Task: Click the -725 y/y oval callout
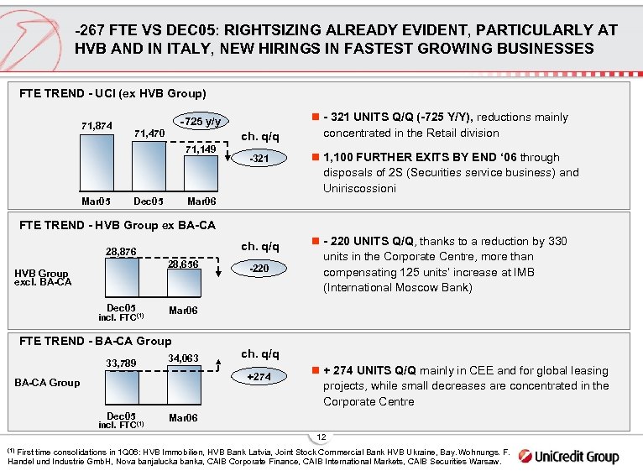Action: click(x=202, y=122)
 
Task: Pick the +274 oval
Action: click(x=261, y=377)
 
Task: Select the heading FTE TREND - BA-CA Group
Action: click(x=95, y=341)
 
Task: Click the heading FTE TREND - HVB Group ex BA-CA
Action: click(x=117, y=225)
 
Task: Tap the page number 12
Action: click(x=322, y=437)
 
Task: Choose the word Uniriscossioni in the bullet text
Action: click(x=360, y=188)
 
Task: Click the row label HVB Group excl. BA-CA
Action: click(x=43, y=277)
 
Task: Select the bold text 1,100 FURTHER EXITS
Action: click(x=381, y=157)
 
